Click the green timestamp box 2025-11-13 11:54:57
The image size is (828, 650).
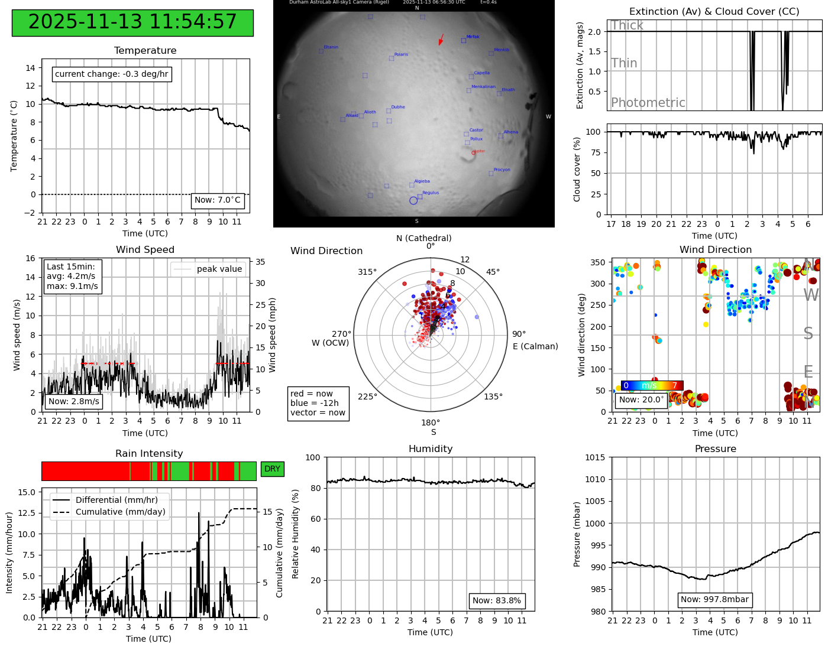point(132,22)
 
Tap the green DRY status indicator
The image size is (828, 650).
point(272,469)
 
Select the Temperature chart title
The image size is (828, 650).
point(145,51)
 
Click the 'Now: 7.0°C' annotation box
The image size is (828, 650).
point(218,200)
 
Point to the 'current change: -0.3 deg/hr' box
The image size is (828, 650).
point(112,74)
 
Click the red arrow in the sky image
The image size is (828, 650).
point(441,40)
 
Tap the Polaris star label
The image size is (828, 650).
point(401,54)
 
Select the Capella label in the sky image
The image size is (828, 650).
point(481,73)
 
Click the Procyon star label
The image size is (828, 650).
point(502,170)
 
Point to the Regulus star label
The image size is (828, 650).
point(431,193)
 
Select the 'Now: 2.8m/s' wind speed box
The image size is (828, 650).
point(74,402)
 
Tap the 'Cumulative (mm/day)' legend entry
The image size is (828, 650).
point(120,512)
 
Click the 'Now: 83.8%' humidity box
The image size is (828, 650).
point(497,601)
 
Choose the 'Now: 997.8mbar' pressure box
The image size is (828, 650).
point(714,600)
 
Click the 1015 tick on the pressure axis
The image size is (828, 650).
point(595,457)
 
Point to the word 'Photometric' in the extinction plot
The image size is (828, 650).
point(648,103)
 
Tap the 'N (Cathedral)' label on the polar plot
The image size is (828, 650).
point(423,238)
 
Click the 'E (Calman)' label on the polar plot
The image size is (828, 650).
point(535,346)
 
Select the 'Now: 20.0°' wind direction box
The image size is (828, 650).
point(642,400)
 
